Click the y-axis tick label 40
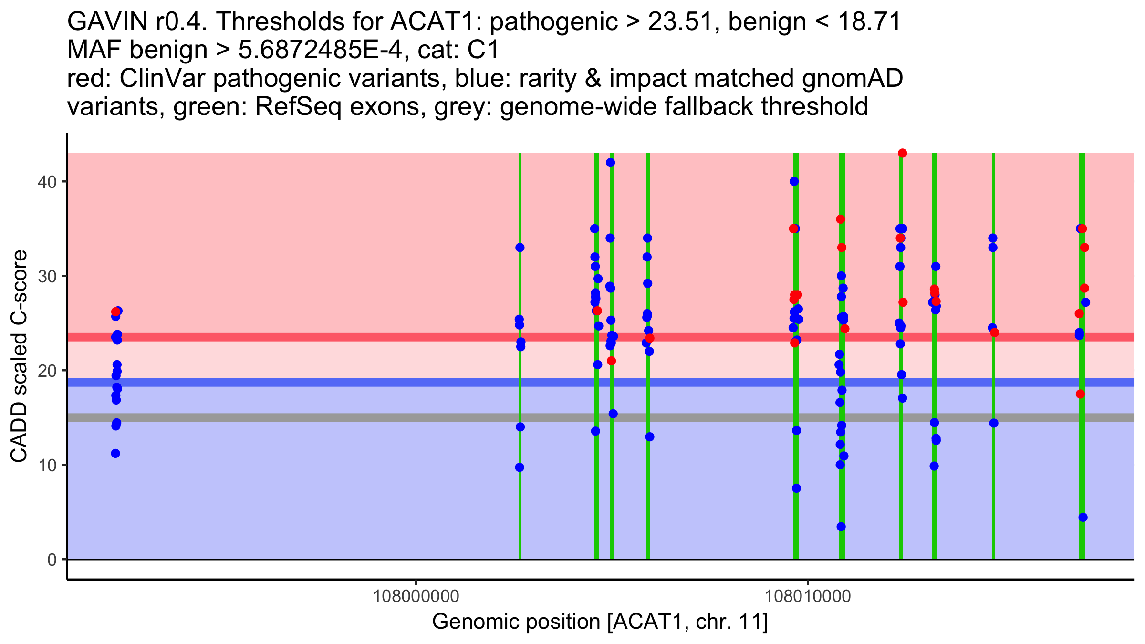tap(46, 182)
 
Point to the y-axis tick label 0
tap(52, 560)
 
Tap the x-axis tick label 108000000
tap(416, 596)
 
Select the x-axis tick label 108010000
tap(808, 596)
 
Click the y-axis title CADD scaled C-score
tap(19, 356)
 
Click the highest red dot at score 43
tap(902, 153)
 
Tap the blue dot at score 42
tap(610, 163)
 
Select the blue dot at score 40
tap(794, 181)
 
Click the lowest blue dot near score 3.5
tap(841, 527)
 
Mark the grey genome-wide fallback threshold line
tap(334, 417)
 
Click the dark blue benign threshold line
tap(334, 383)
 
